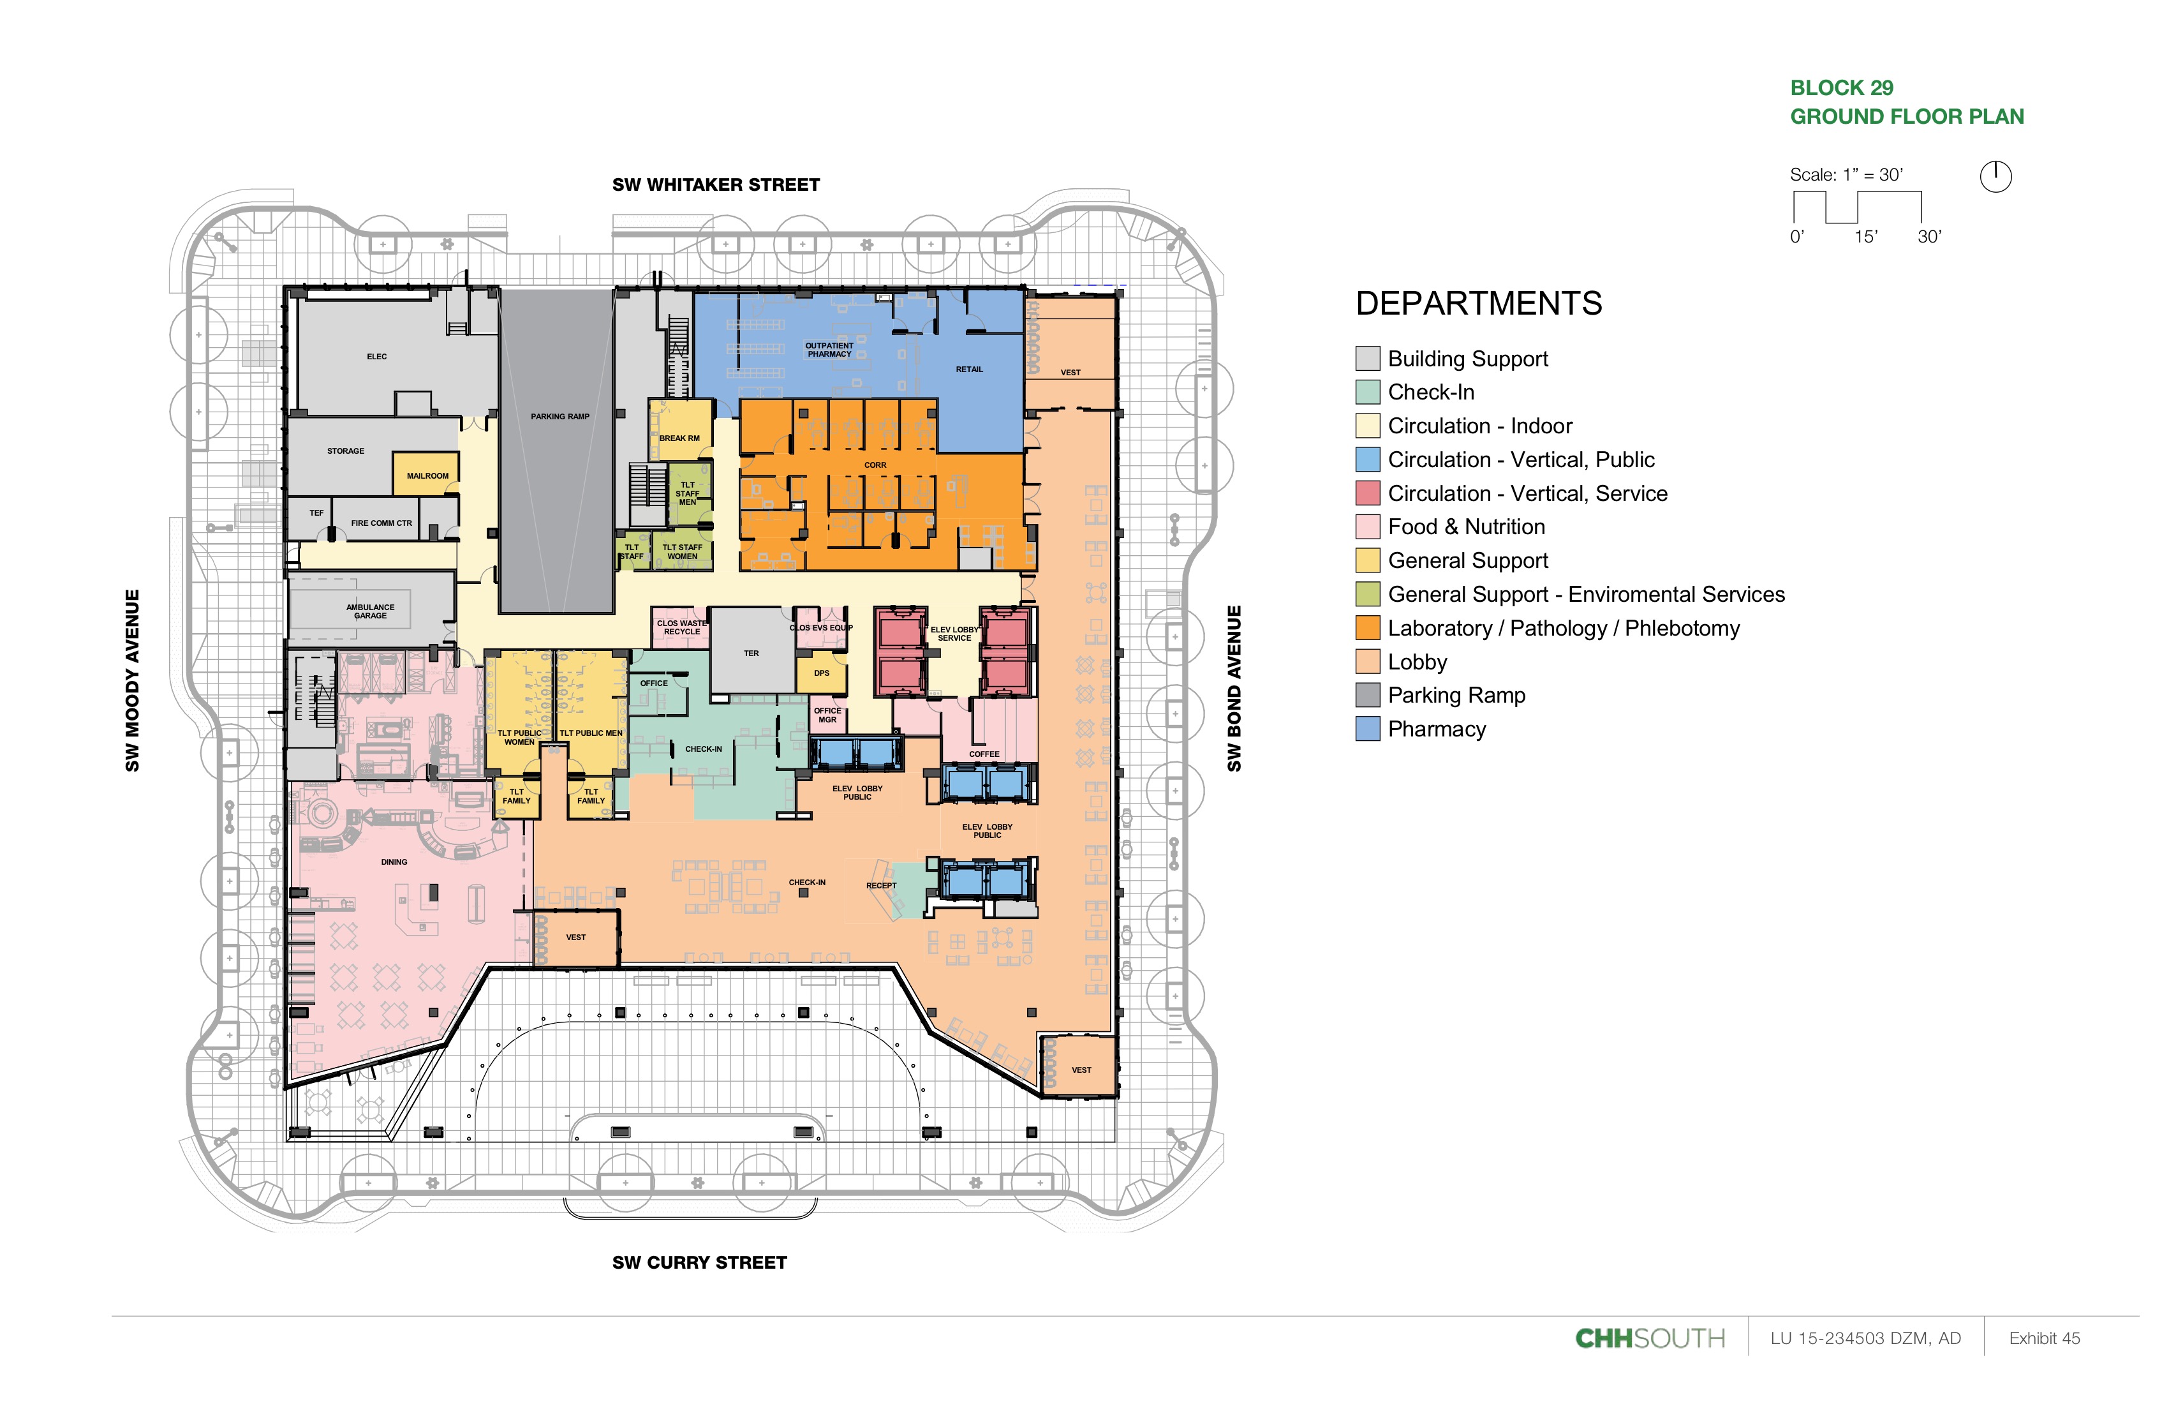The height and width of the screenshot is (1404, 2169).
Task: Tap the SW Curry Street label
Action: pyautogui.click(x=699, y=1263)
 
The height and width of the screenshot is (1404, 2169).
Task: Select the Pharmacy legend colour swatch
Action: pyautogui.click(x=1367, y=729)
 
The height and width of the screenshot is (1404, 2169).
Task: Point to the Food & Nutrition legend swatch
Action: pyautogui.click(x=1367, y=527)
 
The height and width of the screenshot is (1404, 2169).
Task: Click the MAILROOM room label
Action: pyautogui.click(x=427, y=476)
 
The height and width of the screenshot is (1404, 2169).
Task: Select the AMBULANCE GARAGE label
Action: pyautogui.click(x=370, y=611)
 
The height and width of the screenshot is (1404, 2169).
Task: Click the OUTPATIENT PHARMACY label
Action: pyautogui.click(x=829, y=350)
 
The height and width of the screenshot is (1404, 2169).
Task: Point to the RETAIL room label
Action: pyautogui.click(x=969, y=370)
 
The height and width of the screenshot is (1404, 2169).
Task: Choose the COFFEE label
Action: pyautogui.click(x=984, y=754)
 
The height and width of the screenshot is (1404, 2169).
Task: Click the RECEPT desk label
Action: pyautogui.click(x=881, y=885)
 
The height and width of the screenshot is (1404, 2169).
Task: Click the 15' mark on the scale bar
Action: pyautogui.click(x=1865, y=237)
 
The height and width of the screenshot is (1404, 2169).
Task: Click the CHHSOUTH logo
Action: pyautogui.click(x=1650, y=1338)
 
